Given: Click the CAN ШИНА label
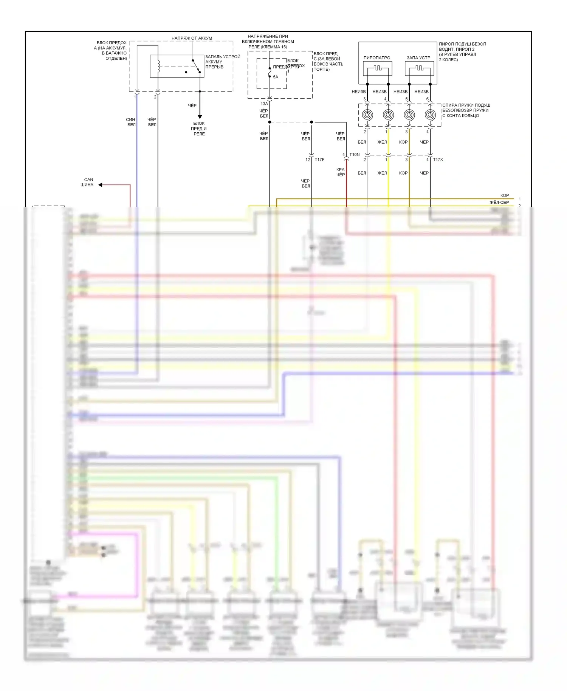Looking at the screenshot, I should [87, 182].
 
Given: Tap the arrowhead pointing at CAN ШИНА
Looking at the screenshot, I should [101, 185].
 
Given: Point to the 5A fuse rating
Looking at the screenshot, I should [276, 77].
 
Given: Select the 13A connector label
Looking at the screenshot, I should [264, 104].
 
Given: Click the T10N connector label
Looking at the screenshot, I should [355, 155].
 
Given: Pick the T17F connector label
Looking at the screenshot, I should [319, 160].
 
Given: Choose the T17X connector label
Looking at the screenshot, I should [438, 160].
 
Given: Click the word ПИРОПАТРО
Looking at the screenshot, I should [377, 58].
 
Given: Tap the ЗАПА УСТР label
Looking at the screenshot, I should [418, 58].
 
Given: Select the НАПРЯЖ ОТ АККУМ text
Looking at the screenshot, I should [192, 38].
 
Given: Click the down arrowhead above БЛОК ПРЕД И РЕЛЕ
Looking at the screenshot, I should [200, 117].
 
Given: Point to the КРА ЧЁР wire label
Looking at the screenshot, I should [341, 172].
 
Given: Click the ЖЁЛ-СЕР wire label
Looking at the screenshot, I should [499, 203].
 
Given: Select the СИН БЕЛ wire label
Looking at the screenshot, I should [131, 122].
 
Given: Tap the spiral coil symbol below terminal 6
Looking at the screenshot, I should [430, 115].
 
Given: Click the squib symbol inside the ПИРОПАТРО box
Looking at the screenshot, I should [377, 68].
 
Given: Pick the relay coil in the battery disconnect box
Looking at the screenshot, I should [158, 67].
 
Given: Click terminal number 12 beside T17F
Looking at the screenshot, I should [308, 160].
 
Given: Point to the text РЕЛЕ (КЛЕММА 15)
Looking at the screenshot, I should [268, 47].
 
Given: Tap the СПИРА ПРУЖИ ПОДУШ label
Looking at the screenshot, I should [466, 105].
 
